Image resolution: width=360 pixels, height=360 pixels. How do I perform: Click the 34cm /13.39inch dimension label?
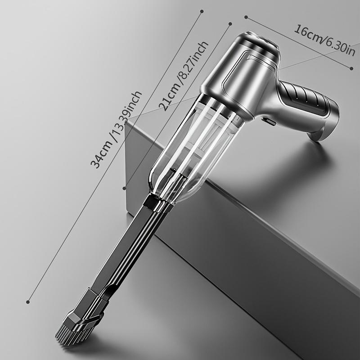tap(116, 130)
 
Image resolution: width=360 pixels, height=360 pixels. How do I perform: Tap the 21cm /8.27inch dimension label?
tap(184, 76)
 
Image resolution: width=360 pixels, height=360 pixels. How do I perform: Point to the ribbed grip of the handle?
tap(306, 98)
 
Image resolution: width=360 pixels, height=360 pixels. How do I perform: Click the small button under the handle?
tap(269, 121)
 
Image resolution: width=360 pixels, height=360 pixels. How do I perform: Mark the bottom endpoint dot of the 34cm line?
tap(28, 302)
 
